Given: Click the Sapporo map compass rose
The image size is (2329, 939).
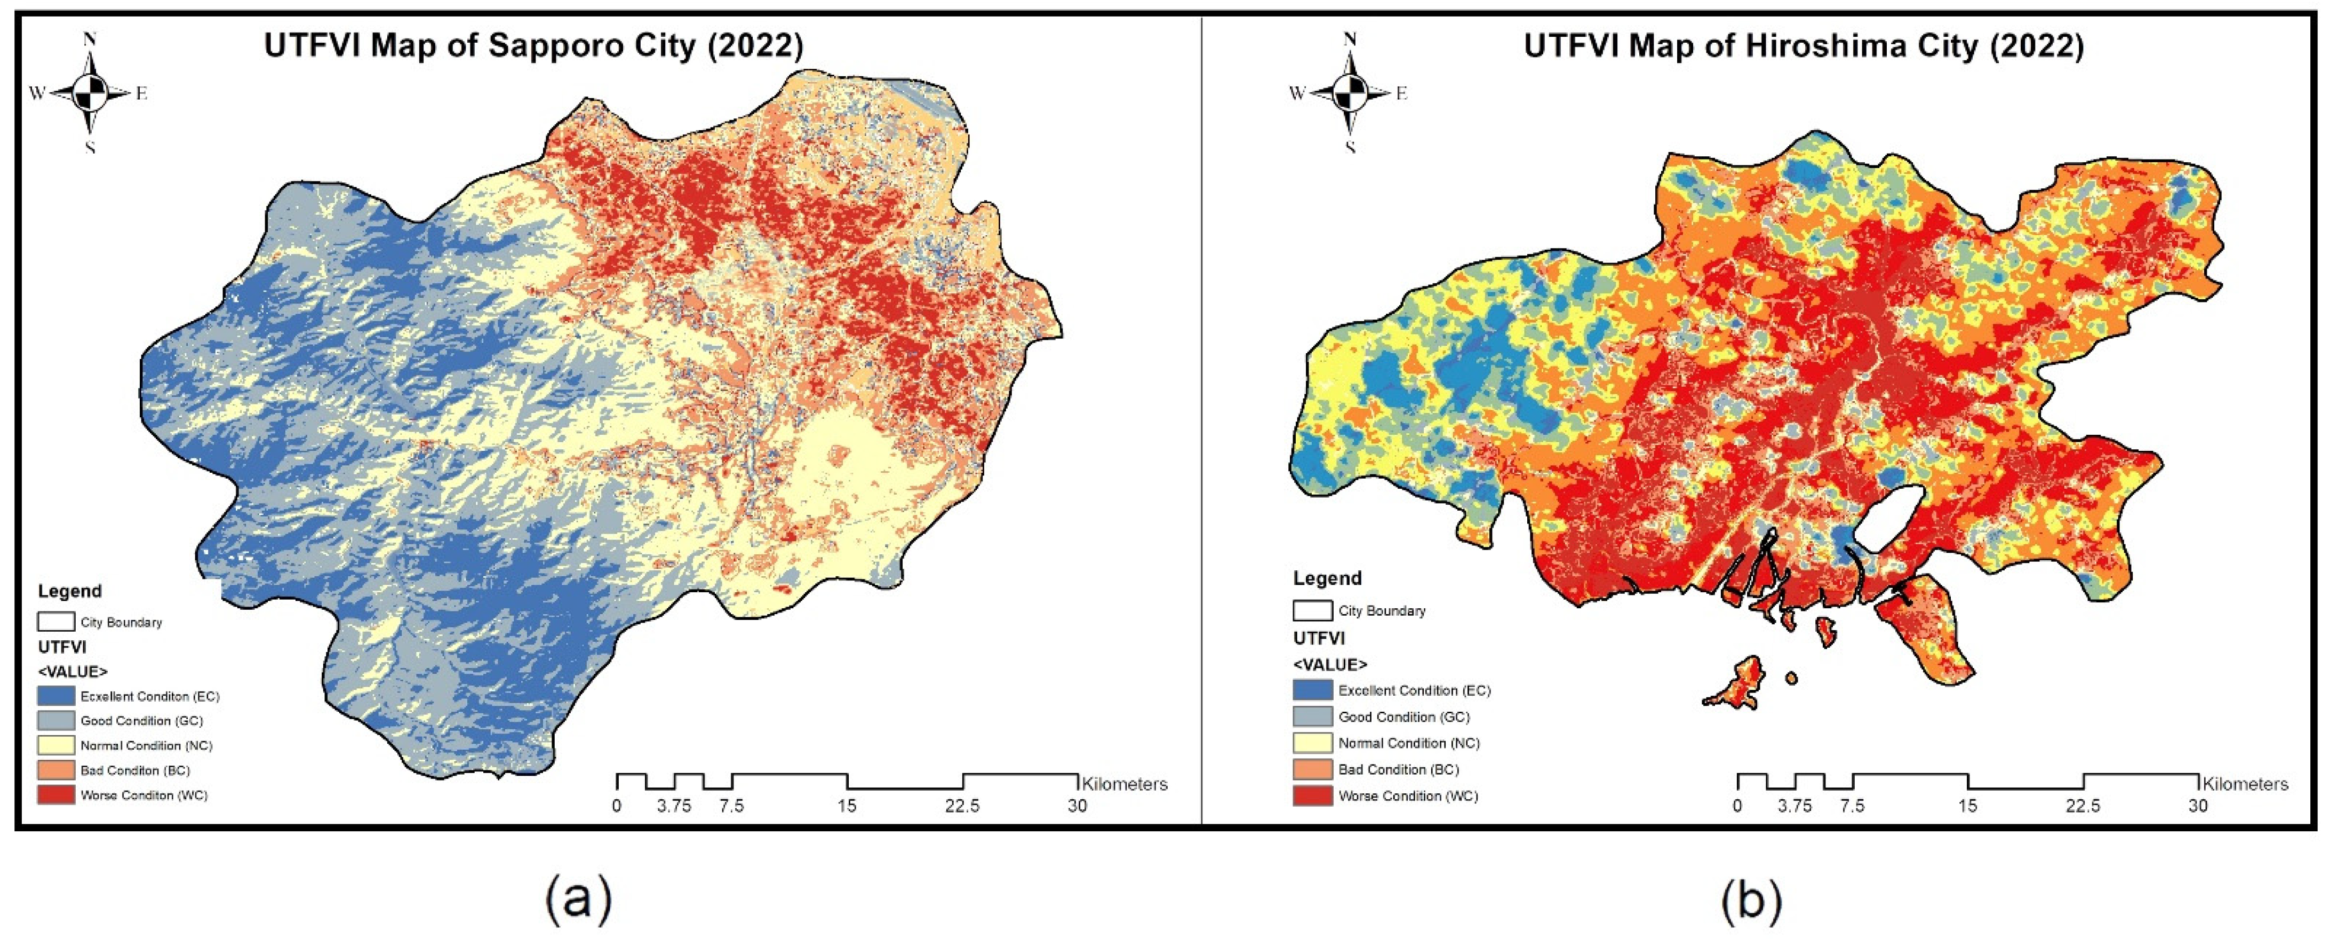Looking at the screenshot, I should point(90,92).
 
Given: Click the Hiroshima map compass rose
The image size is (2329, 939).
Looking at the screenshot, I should point(1350,92).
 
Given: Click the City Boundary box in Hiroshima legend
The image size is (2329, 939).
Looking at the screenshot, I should point(1312,611).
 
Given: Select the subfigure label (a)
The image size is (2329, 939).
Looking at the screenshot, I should point(579,899).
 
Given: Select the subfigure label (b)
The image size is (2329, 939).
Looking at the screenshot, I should point(1751,899).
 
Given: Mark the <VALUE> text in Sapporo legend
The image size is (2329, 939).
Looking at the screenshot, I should point(73,671).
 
